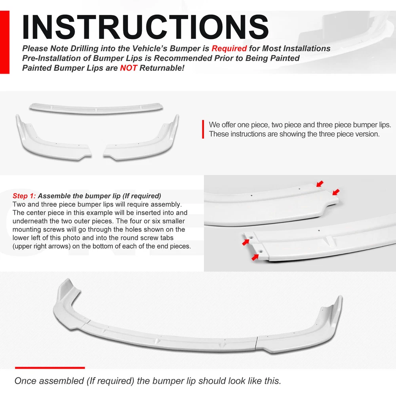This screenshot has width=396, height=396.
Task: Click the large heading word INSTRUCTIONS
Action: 145,27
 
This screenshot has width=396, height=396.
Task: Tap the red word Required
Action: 229,48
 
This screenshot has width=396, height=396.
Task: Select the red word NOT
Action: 129,68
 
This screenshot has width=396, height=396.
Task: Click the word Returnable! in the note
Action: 162,68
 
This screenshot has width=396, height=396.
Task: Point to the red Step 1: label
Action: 24,196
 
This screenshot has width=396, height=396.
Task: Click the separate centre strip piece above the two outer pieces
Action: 96,108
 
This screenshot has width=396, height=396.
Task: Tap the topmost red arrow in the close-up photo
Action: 320,184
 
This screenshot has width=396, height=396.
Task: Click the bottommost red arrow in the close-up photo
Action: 255,257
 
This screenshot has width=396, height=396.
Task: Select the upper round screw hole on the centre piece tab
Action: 252,237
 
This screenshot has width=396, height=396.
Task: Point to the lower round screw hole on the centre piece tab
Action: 261,251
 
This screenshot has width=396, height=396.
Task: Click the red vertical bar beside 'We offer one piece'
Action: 203,129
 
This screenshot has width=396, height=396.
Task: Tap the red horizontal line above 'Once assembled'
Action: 50,368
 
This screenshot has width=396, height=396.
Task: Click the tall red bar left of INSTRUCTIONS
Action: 5,42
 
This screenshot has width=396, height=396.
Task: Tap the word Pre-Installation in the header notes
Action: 51,58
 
